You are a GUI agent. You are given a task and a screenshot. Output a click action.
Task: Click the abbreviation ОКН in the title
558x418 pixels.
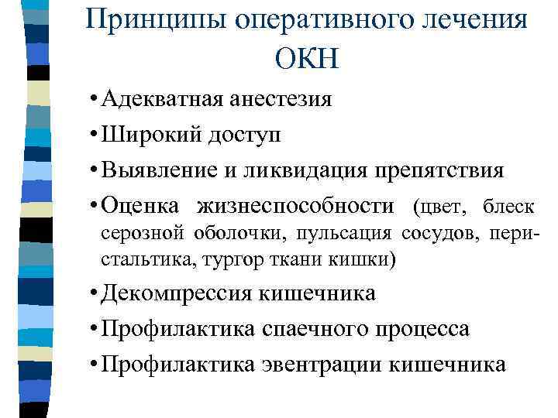[306, 58]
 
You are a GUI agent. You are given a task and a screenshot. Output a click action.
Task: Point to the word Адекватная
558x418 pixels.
[158, 100]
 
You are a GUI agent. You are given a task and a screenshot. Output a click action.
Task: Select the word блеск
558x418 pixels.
[508, 206]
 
